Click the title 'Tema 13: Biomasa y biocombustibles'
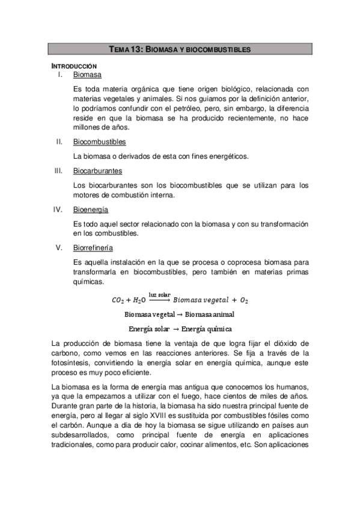180,49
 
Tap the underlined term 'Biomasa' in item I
87,75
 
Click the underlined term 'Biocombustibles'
99,142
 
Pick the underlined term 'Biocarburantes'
97,171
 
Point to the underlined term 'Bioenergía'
90,209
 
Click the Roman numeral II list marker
59,142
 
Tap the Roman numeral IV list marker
58,209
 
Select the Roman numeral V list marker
59,248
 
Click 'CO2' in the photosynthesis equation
118,300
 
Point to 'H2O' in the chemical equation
139,300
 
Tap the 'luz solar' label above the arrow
159,294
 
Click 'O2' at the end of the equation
243,300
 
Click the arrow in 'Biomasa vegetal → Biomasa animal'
180,315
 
